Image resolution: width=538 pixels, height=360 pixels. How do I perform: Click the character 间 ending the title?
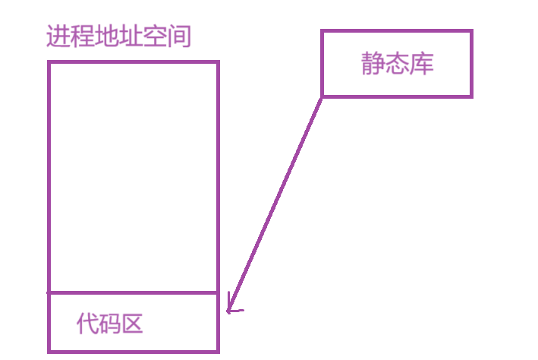point(180,36)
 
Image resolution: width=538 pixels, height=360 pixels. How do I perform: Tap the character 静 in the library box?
point(373,65)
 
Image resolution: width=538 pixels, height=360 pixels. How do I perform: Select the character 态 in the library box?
point(397,65)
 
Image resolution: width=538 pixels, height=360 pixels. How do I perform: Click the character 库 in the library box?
point(421,65)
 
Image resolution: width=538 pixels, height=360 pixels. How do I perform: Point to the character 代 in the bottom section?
point(88,324)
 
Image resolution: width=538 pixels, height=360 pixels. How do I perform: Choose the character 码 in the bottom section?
point(110,324)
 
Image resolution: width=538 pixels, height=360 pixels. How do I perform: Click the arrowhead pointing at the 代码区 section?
point(230,308)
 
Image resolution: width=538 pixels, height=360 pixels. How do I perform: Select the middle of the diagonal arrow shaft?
point(275,203)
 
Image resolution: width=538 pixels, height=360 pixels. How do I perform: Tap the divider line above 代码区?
point(134,292)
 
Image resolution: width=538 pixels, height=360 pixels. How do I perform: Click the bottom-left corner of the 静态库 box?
point(322,96)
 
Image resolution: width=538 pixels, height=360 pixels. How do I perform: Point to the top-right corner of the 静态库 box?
point(471,31)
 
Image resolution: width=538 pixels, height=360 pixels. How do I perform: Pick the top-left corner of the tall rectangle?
point(49,62)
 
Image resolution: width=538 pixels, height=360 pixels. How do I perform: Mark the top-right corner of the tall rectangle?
point(218,62)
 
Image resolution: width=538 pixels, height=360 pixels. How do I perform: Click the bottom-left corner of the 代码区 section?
point(49,351)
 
